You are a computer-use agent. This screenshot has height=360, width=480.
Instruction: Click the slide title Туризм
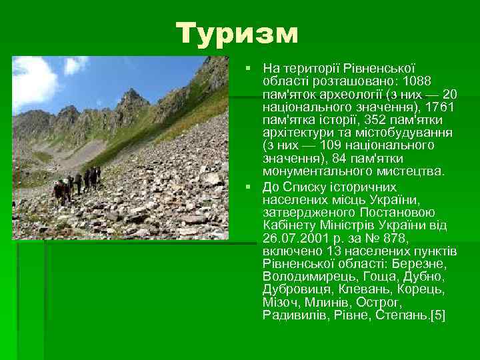click(x=238, y=33)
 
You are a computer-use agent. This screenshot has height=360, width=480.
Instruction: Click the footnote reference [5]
click(x=438, y=315)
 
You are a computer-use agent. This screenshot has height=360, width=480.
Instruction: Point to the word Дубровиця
click(x=293, y=289)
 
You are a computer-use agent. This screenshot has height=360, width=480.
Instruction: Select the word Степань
click(x=403, y=315)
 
